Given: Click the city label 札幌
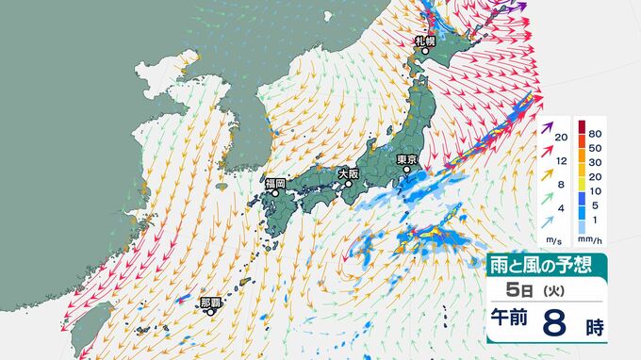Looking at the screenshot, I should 424,41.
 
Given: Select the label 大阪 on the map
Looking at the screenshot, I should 348,173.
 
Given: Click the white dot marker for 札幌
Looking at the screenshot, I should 424,52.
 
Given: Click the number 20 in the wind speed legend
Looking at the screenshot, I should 561,139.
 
